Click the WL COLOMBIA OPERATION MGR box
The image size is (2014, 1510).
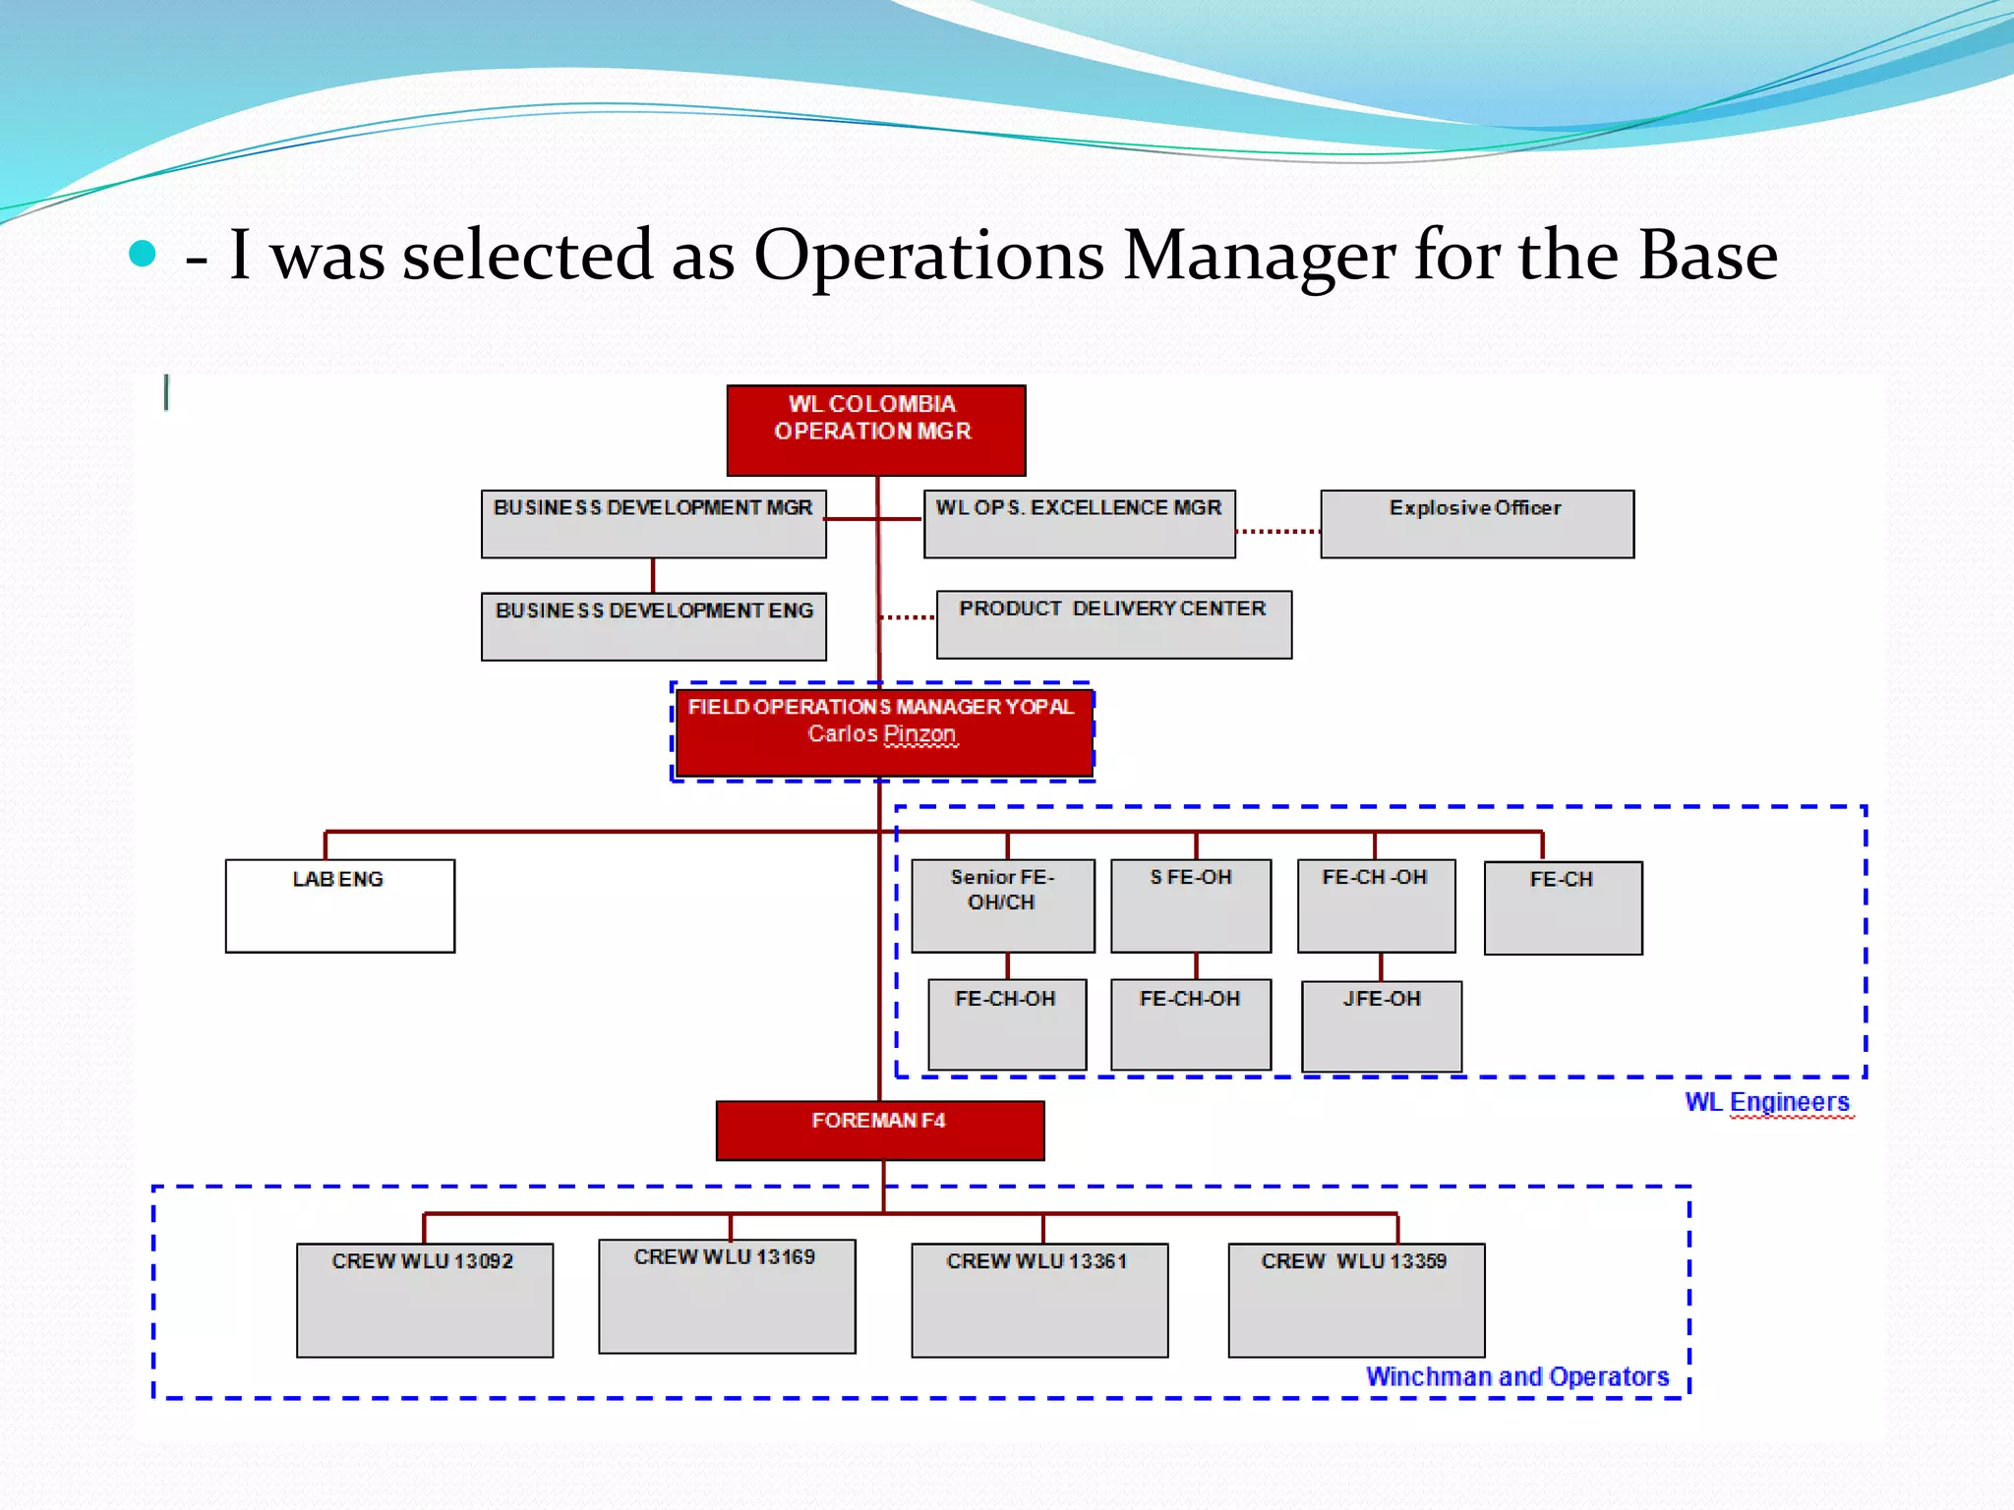(875, 430)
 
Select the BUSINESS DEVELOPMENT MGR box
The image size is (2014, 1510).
(653, 523)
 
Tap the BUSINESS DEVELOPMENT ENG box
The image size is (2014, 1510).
(653, 625)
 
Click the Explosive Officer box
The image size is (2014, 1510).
(1476, 523)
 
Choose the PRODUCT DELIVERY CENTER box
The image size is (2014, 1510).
(1113, 624)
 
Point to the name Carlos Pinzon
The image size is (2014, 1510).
(881, 734)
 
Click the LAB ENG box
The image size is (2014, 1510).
(339, 905)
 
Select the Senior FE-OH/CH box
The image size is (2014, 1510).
(1002, 905)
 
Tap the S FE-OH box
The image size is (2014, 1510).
(1190, 905)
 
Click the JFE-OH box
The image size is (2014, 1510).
(1381, 1025)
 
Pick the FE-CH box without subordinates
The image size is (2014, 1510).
(1563, 907)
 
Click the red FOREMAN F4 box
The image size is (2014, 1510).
(879, 1130)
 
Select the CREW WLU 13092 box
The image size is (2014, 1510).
(424, 1300)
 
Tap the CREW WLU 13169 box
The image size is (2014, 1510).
(726, 1296)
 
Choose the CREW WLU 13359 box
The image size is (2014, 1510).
(1355, 1300)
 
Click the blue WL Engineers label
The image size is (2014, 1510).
(1767, 1102)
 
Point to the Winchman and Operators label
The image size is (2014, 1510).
(1516, 1376)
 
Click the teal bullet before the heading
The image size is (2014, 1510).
(143, 254)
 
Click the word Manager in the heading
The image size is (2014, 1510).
(1259, 256)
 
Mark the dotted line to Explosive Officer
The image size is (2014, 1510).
(1277, 531)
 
